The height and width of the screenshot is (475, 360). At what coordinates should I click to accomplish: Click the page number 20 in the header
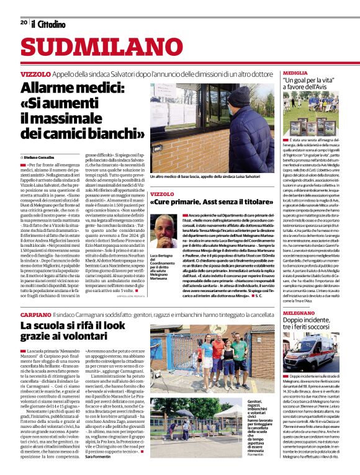(x=24, y=23)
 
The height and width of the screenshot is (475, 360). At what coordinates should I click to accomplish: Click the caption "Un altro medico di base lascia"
(x=204, y=177)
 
